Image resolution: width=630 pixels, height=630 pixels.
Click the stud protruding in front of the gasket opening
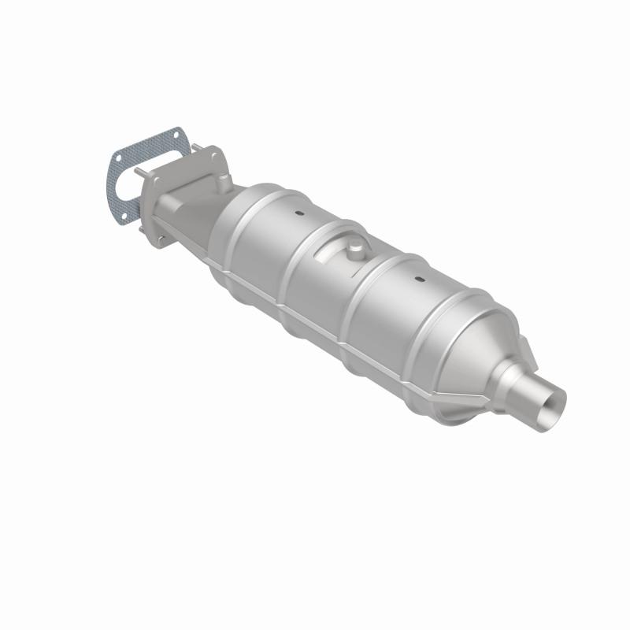tap(139, 172)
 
